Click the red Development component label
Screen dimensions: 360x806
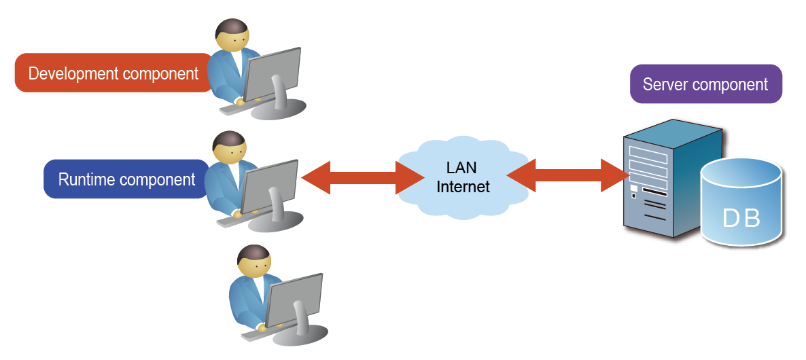pyautogui.click(x=113, y=73)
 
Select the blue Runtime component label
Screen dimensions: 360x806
pyautogui.click(x=126, y=179)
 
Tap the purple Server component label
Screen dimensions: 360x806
pyautogui.click(x=705, y=84)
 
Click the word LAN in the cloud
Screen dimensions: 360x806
pyautogui.click(x=462, y=168)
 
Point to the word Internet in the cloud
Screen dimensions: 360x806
pyautogui.click(x=463, y=186)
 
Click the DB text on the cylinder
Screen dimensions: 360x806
pyautogui.click(x=741, y=218)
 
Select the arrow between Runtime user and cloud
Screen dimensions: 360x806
pyautogui.click(x=349, y=178)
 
